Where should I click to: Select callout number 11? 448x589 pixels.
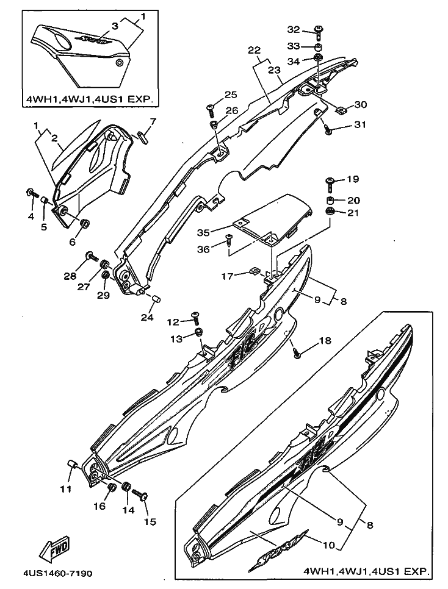[65, 488]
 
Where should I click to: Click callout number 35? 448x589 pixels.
[204, 232]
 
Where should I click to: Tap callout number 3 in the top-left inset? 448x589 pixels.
[114, 26]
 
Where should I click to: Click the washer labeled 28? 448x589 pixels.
[90, 255]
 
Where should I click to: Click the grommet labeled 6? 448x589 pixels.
[85, 223]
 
